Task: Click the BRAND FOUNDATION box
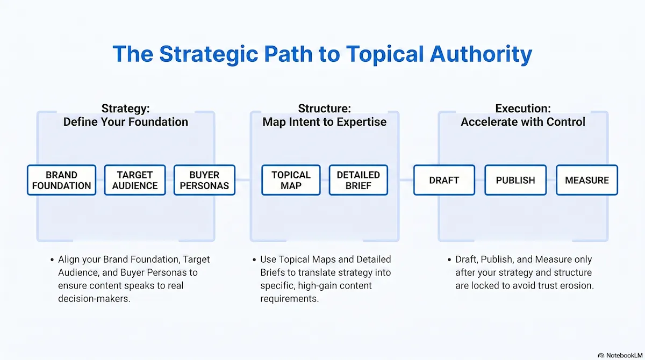click(61, 180)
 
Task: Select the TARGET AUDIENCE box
click(134, 180)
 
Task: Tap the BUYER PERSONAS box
click(204, 180)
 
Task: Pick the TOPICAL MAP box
click(291, 180)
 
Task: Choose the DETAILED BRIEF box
click(358, 180)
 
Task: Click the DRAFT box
click(444, 180)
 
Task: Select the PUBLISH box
click(515, 180)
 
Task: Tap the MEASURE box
click(587, 180)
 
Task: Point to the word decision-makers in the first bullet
click(94, 299)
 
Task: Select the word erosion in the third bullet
click(578, 285)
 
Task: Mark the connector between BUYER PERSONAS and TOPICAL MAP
click(248, 180)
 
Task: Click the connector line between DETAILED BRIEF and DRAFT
click(400, 180)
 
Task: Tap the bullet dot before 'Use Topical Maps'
click(255, 260)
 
